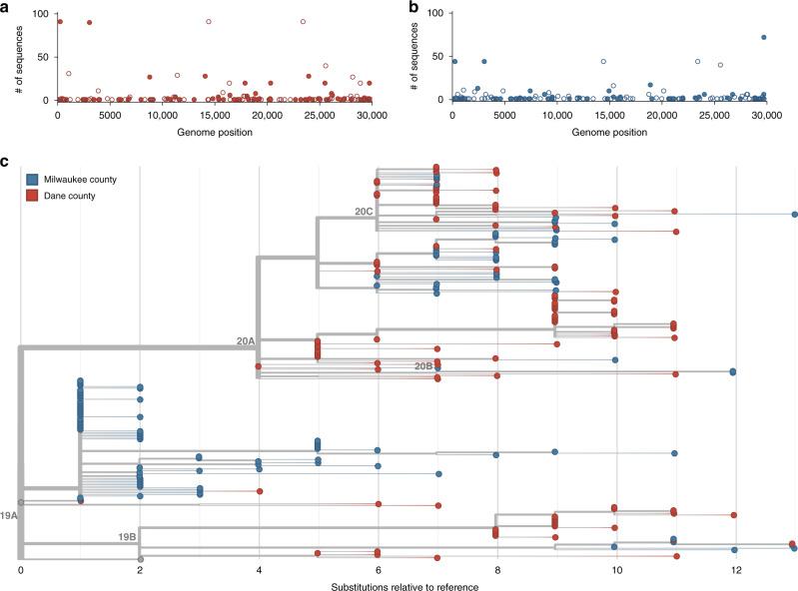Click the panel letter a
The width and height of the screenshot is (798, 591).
(5, 7)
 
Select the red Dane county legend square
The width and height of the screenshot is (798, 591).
(33, 195)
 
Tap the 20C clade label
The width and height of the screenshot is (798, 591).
(364, 212)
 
